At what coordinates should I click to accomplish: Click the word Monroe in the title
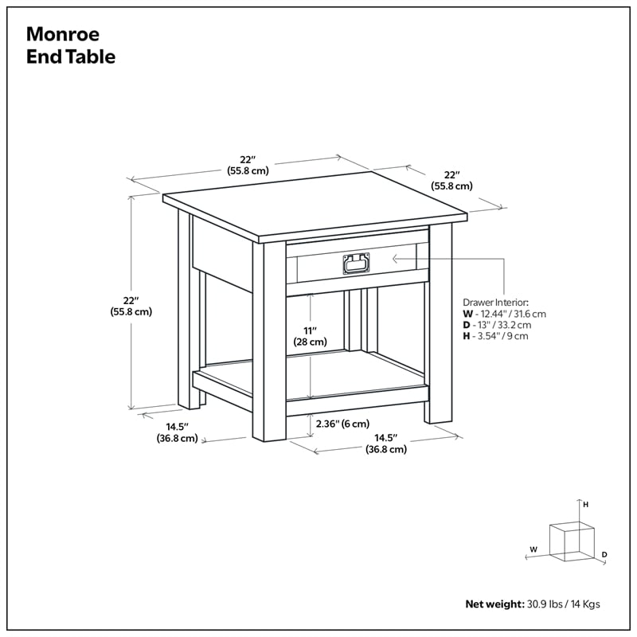click(x=64, y=34)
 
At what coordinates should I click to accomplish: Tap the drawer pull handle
click(x=356, y=263)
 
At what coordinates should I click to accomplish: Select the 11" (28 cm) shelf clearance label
click(x=310, y=335)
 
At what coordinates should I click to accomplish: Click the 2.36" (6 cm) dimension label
click(x=343, y=424)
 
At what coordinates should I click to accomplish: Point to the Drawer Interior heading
click(x=495, y=303)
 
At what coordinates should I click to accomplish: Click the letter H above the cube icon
click(x=585, y=505)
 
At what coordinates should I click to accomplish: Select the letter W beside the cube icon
click(x=533, y=549)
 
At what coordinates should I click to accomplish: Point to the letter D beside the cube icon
click(x=605, y=554)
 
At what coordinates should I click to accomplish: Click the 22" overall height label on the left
click(x=131, y=306)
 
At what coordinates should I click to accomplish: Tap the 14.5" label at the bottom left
click(x=177, y=432)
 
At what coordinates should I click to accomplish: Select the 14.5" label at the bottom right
click(x=386, y=444)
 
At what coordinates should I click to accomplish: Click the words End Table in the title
click(x=71, y=57)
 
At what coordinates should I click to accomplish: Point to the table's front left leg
click(x=268, y=342)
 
